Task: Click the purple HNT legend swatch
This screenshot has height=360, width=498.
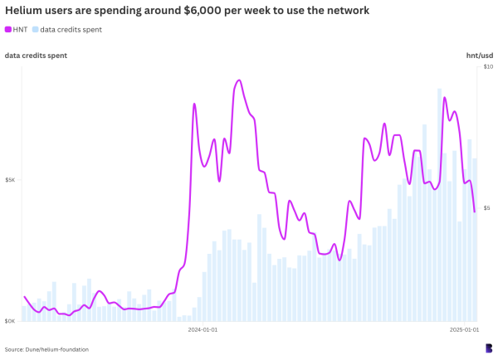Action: click(8, 29)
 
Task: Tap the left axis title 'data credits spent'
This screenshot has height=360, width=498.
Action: click(36, 56)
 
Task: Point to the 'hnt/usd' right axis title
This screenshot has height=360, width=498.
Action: click(479, 56)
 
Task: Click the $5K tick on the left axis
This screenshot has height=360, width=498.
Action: click(10, 180)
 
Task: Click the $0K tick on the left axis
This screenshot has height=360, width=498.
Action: click(10, 321)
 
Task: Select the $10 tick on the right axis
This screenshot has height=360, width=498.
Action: click(487, 66)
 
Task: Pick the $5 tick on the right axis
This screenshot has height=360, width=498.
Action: click(487, 208)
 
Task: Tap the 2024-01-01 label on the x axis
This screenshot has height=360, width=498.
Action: click(203, 330)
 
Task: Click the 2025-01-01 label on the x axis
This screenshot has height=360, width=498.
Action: click(465, 330)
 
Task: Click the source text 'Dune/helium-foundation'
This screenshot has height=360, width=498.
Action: click(46, 349)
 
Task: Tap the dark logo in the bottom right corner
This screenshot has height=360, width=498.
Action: click(488, 348)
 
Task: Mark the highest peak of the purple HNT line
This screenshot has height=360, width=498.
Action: click(239, 80)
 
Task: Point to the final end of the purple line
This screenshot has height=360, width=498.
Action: click(475, 212)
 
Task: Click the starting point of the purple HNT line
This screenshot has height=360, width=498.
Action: click(25, 297)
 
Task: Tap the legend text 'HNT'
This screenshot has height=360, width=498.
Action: click(21, 29)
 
